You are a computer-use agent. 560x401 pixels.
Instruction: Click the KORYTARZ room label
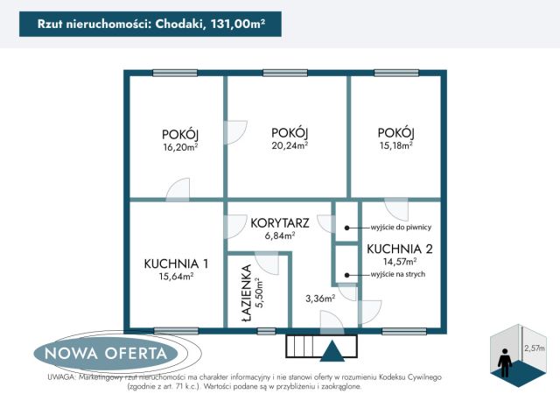(x=279, y=222)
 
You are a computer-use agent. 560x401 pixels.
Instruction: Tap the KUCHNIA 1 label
(x=176, y=263)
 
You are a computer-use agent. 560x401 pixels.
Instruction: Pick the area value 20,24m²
(x=289, y=146)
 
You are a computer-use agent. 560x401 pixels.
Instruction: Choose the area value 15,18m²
(x=395, y=145)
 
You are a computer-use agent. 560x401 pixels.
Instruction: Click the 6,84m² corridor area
(x=279, y=236)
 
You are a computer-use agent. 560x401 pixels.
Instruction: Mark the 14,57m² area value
(x=398, y=260)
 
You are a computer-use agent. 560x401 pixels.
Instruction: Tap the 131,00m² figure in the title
(x=240, y=24)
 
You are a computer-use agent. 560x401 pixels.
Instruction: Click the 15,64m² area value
(x=176, y=277)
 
